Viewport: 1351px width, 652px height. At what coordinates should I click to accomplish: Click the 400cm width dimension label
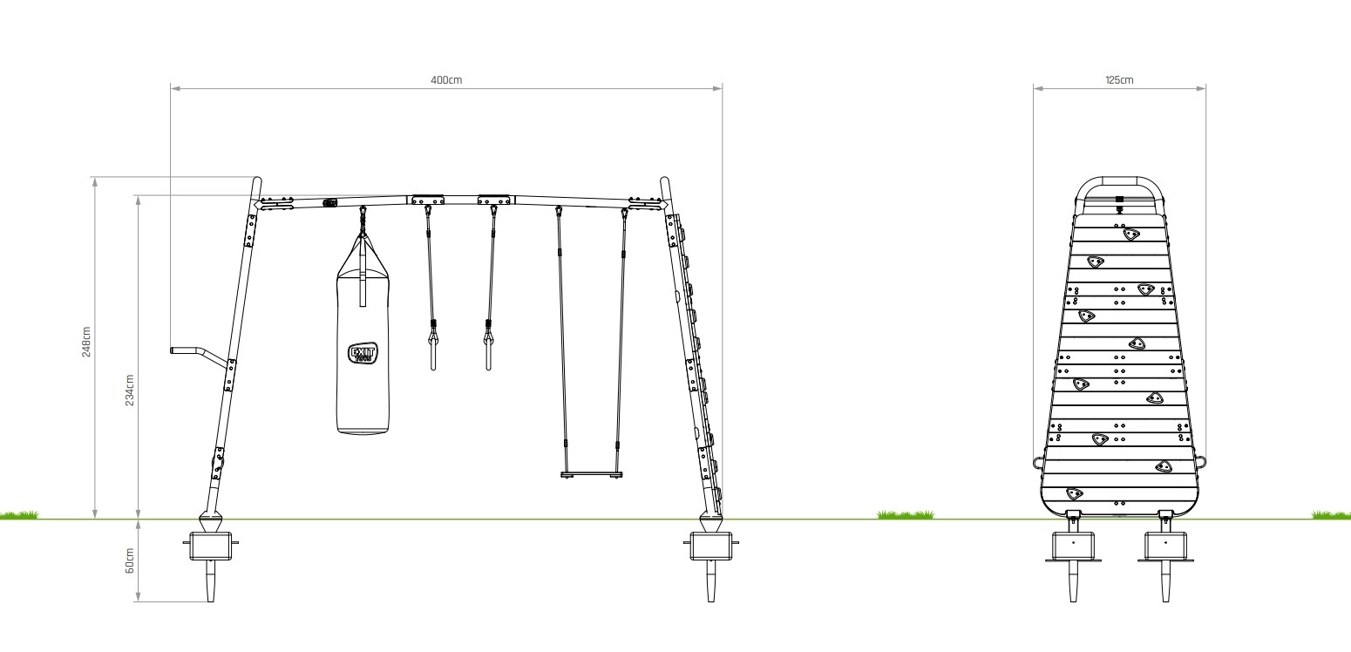446,80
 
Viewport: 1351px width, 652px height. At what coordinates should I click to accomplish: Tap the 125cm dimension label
1119,80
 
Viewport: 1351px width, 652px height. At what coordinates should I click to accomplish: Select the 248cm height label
86,342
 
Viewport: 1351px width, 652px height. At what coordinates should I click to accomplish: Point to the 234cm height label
130,390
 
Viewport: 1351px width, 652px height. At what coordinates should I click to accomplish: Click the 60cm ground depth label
130,560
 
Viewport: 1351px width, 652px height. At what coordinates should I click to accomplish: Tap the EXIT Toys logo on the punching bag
363,353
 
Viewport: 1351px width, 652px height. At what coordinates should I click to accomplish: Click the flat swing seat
591,475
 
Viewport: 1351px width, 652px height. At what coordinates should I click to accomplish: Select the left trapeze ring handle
433,354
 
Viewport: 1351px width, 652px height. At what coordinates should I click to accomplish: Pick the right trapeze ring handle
488,354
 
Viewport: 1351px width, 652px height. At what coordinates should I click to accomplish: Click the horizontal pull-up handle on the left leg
199,354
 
